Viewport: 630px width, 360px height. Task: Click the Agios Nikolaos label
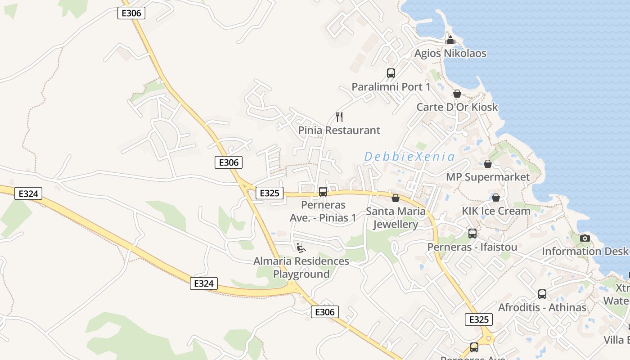[x=450, y=53]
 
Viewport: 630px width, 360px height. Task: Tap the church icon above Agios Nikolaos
[x=450, y=40]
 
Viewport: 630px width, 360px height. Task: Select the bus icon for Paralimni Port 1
[x=391, y=73]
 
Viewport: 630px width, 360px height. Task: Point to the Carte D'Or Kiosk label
[x=457, y=107]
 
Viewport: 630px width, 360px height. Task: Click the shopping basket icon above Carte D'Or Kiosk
[x=457, y=94]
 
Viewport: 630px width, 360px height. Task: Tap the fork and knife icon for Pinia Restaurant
[x=339, y=117]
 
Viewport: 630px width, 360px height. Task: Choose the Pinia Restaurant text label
[x=339, y=130]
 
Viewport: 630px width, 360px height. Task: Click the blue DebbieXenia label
[x=409, y=157]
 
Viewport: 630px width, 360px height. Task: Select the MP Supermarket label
[x=488, y=177]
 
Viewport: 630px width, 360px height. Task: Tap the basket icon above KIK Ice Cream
[x=496, y=198]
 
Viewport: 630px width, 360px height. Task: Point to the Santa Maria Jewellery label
[x=396, y=217]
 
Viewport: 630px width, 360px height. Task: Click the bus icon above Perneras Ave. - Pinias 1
[x=323, y=192]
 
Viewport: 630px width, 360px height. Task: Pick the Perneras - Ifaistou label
[x=472, y=247]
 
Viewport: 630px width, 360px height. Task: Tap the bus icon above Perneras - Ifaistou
[x=472, y=234]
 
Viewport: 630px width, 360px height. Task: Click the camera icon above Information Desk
[x=585, y=238]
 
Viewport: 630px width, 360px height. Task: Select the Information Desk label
[x=585, y=251]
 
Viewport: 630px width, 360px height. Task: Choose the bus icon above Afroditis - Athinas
[x=542, y=294]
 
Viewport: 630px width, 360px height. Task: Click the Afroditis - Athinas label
[x=542, y=307]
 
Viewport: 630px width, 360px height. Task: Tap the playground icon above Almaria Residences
[x=301, y=247]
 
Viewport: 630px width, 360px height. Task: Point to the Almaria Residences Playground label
[x=301, y=267]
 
